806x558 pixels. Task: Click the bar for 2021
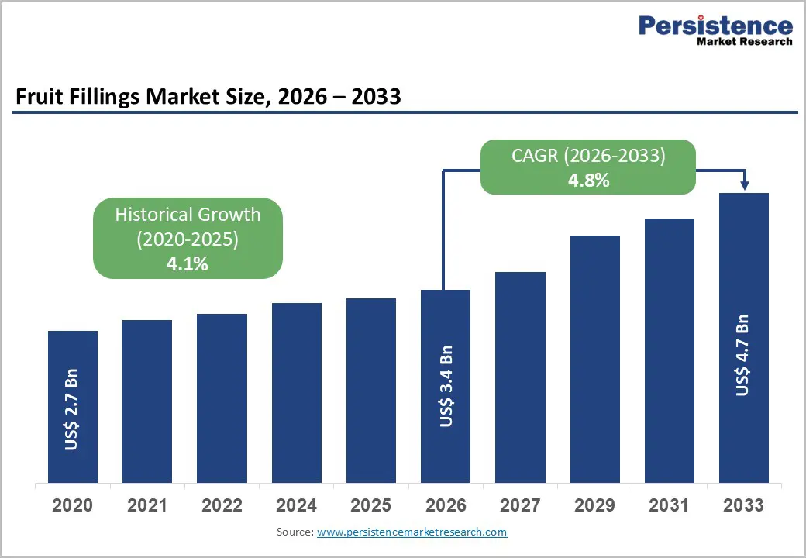click(x=147, y=401)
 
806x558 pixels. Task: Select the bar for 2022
click(x=222, y=398)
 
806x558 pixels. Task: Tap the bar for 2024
click(x=296, y=392)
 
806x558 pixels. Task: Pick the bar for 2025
click(x=370, y=390)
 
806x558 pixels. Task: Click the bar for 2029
click(x=594, y=359)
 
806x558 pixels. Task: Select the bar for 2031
click(x=669, y=350)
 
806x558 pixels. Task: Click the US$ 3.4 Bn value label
click(x=446, y=386)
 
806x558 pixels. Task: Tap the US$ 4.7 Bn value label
click(x=743, y=355)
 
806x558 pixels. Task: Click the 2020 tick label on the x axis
click(x=72, y=505)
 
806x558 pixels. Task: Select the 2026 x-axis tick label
click(x=446, y=505)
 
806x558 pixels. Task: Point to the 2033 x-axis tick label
click(x=743, y=505)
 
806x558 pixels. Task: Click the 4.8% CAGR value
click(x=588, y=181)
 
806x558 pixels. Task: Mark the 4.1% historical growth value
click(x=188, y=263)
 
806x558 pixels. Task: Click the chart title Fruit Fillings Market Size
click(x=208, y=97)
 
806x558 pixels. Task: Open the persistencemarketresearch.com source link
click(x=412, y=532)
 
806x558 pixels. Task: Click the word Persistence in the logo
click(x=715, y=26)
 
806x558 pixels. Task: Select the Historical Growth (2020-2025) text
click(x=188, y=227)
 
